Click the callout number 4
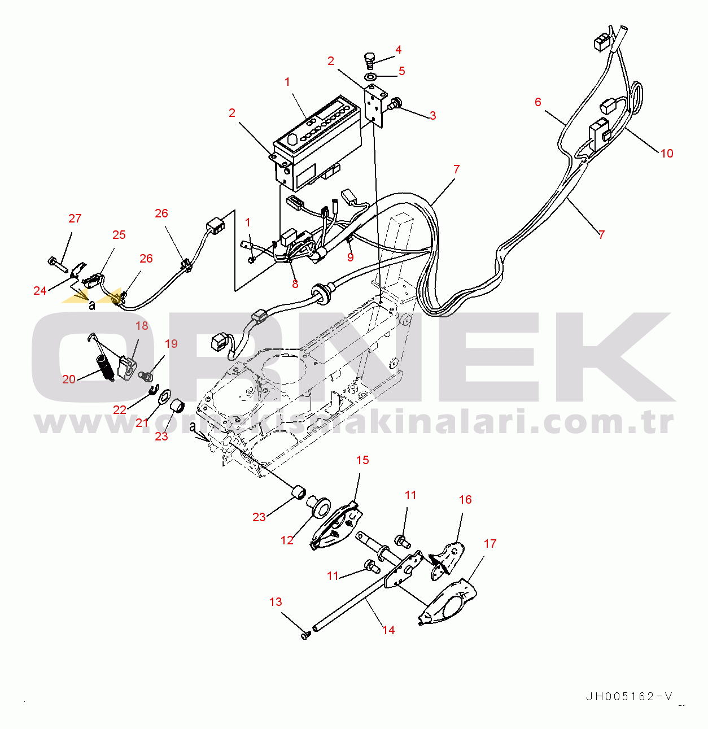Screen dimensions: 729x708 (x=398, y=50)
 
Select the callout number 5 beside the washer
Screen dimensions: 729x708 (x=401, y=71)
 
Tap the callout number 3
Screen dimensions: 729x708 (x=432, y=116)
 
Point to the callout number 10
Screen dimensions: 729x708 (x=667, y=154)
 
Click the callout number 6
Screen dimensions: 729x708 (x=537, y=102)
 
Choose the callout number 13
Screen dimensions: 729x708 (x=276, y=602)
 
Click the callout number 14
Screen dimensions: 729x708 (x=388, y=630)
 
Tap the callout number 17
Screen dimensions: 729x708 (x=490, y=544)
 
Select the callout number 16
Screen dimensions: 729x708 (x=465, y=500)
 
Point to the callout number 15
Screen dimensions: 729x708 (x=362, y=460)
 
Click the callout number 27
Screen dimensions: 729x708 (x=75, y=219)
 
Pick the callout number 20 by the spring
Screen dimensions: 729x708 (x=69, y=379)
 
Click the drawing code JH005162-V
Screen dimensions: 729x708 (x=629, y=696)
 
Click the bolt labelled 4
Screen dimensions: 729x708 (x=370, y=60)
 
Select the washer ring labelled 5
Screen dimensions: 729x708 (x=370, y=76)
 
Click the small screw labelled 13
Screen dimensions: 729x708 (x=306, y=635)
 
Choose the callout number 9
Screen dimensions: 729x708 (x=351, y=257)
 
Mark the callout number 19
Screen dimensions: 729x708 (x=171, y=344)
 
